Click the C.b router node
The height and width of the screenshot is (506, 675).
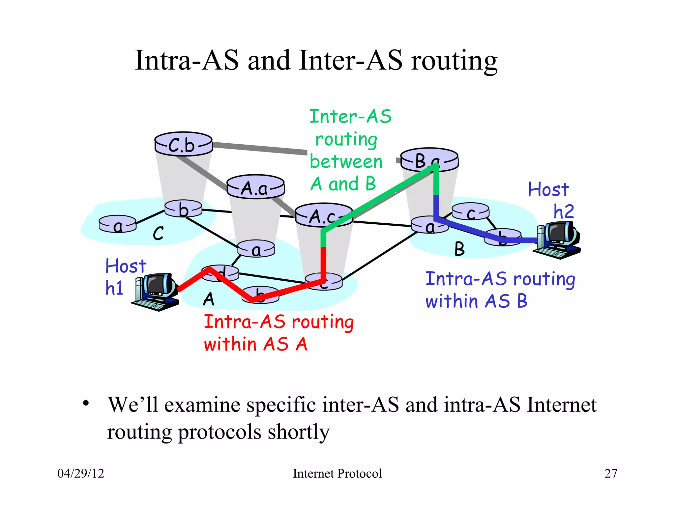pos(183,144)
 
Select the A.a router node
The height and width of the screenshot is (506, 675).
pos(255,187)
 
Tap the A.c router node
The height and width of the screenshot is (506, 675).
pos(323,215)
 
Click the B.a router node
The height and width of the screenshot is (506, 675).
pos(429,160)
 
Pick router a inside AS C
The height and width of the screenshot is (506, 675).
pos(117,224)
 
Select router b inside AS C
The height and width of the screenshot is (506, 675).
pos(183,209)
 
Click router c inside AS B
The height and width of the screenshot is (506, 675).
pos(470,211)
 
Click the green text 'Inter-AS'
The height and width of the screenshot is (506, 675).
pos(350,117)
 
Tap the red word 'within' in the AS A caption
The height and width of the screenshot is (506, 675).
pos(230,345)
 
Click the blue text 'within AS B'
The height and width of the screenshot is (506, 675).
pos(476,301)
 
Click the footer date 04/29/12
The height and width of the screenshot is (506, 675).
pos(81,473)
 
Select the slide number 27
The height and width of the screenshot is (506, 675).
pos(610,473)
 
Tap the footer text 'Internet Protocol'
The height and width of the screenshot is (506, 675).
pos(337,473)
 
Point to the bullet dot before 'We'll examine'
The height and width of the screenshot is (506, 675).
pos(86,403)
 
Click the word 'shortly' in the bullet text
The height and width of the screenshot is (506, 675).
pos(298,432)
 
